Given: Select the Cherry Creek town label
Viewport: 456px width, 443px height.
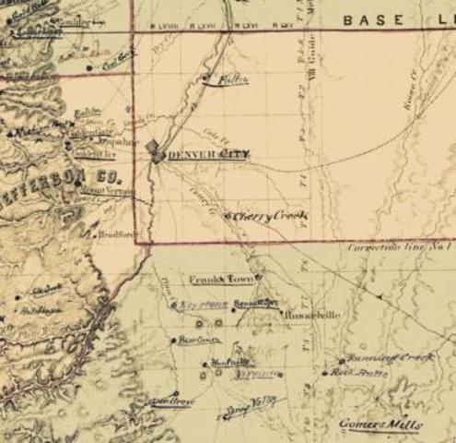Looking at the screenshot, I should (x=269, y=216).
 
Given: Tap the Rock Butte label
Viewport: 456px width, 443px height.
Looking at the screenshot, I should (x=356, y=372).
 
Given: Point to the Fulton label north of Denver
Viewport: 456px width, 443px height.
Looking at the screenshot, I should (x=234, y=80).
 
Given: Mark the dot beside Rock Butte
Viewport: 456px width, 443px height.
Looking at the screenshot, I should (x=325, y=374).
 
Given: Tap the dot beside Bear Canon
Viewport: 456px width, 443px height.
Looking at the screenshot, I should (x=173, y=341).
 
